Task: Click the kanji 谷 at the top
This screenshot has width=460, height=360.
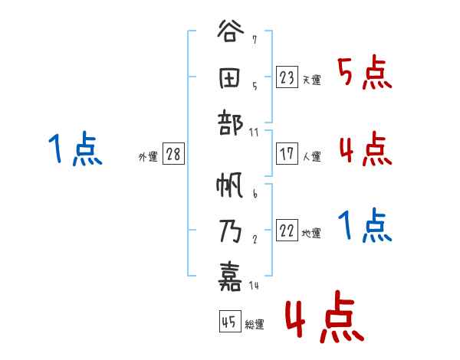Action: point(231,35)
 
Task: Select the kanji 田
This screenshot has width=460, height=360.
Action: point(231,79)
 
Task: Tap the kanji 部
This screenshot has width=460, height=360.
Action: point(231,124)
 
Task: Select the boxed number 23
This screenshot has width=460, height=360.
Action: point(287,77)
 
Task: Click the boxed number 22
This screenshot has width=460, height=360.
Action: point(287,231)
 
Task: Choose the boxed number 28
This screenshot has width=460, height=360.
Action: point(173,154)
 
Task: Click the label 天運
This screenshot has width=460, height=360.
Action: point(311,80)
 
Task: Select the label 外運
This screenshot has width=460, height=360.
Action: point(148,156)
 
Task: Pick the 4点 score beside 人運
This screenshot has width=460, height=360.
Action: point(364,149)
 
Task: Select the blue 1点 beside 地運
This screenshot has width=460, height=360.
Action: point(364,225)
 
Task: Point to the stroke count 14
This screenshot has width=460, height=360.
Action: point(255,286)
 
